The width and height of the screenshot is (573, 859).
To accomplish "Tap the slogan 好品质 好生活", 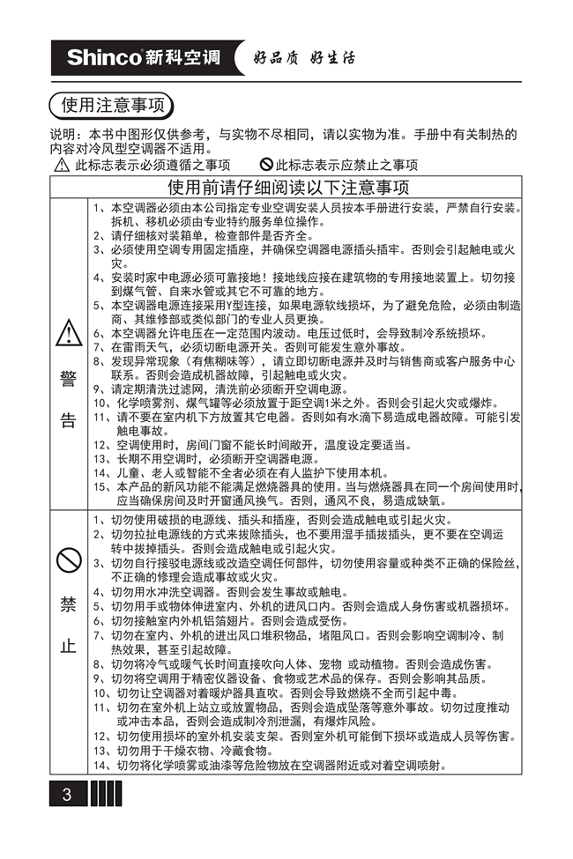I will tap(303, 58).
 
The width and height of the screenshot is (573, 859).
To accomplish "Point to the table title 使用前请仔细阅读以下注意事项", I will tap(288, 188).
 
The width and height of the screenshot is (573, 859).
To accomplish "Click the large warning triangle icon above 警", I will tap(69, 333).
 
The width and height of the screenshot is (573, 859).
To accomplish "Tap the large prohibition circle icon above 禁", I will tap(69, 559).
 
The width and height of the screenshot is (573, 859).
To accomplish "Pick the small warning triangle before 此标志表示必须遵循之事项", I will tap(61, 165).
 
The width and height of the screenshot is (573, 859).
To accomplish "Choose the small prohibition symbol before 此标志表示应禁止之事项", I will tap(266, 165).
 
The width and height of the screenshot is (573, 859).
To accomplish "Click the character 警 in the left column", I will tap(69, 379).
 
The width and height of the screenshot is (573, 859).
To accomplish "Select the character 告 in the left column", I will tap(69, 420).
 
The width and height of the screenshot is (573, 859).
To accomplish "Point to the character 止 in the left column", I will tap(69, 645).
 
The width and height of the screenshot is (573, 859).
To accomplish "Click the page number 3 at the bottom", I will tap(66, 794).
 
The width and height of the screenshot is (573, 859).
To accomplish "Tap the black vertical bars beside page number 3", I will tap(106, 794).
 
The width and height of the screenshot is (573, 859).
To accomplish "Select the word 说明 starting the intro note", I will tap(63, 135).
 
